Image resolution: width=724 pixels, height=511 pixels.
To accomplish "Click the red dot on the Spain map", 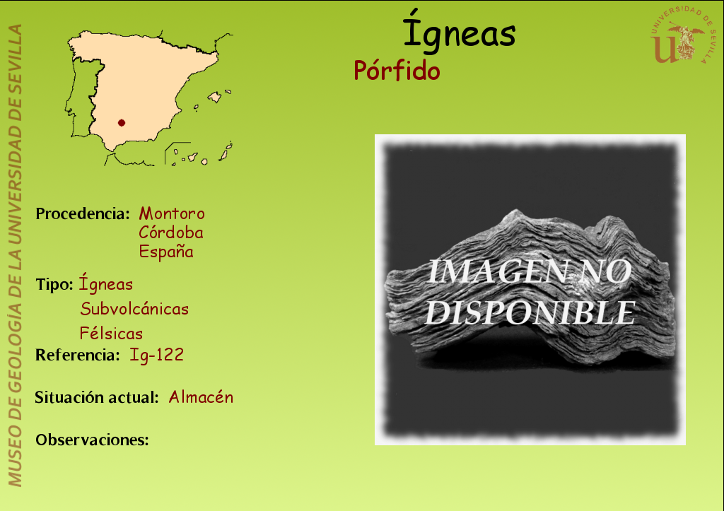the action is click(x=122, y=123).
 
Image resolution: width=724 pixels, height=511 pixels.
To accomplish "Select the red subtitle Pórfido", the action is click(x=397, y=71).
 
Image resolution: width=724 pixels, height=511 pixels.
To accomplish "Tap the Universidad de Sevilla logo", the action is click(x=683, y=35).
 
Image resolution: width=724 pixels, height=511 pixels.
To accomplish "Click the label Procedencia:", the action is click(x=83, y=213).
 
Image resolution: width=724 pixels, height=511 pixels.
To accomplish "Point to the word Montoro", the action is click(x=172, y=213).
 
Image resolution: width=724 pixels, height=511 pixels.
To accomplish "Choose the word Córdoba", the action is click(x=171, y=232).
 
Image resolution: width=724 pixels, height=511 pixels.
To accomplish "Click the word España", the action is click(x=166, y=252).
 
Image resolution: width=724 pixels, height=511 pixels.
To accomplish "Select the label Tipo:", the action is click(x=54, y=284).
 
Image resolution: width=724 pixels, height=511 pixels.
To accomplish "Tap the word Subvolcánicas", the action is click(x=134, y=309).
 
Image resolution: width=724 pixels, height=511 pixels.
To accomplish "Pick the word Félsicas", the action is click(x=111, y=333).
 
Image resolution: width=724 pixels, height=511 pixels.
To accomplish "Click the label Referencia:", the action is click(x=78, y=355).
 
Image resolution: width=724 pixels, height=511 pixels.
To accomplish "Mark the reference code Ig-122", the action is click(x=156, y=355).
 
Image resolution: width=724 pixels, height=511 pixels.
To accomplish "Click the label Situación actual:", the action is click(x=97, y=397).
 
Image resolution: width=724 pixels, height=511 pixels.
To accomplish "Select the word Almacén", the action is click(x=201, y=397).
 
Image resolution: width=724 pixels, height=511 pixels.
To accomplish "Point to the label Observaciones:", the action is click(x=93, y=440).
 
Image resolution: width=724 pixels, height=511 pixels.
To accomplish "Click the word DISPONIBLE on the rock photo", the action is click(x=530, y=312).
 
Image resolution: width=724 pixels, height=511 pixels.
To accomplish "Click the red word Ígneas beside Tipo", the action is click(x=106, y=283).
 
